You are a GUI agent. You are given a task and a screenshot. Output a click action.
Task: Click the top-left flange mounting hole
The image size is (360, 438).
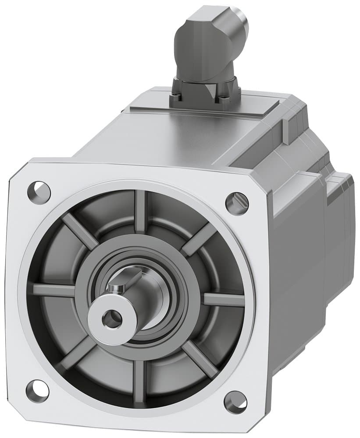[x=39, y=191]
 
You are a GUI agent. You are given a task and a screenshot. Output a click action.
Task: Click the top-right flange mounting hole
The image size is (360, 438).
[x=237, y=203]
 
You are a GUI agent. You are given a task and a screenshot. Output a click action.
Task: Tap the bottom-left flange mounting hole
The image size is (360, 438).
[x=37, y=391]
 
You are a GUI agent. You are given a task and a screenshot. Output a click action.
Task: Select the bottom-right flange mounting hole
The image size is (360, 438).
[x=235, y=402]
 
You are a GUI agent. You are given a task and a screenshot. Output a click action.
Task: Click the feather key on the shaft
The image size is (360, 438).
[x=128, y=281]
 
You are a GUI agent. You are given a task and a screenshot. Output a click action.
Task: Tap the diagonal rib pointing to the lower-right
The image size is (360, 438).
[x=200, y=359]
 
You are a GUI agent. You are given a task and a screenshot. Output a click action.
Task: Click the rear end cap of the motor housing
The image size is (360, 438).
[x=340, y=219]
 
